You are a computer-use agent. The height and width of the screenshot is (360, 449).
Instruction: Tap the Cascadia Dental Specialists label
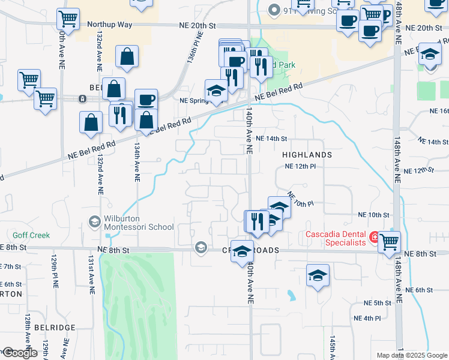pos(336,238)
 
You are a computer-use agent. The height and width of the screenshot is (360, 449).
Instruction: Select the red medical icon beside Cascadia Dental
pos(375,238)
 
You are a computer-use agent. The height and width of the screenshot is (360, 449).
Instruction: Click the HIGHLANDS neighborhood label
pos(307,155)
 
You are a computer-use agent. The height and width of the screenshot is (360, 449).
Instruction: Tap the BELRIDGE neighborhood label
pos(55,328)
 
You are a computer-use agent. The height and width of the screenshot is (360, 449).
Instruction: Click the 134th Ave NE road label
pos(137,162)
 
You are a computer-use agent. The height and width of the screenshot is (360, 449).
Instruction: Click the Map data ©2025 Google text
pos(411,355)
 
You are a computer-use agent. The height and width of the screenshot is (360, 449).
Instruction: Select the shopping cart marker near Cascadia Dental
pos(389,241)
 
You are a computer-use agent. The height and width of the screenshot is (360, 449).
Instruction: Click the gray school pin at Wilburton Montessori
pos(94,223)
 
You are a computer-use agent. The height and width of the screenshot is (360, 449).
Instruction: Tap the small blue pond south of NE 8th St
pos(291,295)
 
